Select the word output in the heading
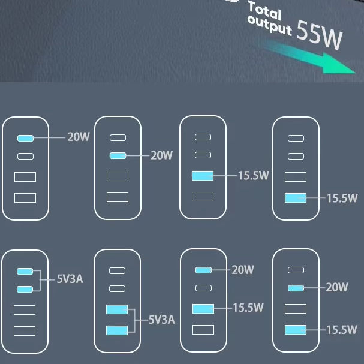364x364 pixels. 269,25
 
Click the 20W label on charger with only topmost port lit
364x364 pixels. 78,137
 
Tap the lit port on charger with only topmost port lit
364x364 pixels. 25,138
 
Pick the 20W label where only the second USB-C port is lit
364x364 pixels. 161,156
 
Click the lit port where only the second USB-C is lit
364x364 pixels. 118,156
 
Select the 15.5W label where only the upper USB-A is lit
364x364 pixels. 252,176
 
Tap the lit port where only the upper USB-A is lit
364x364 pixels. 203,176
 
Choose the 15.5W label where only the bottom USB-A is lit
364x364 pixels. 342,197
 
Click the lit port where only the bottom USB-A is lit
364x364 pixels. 296,197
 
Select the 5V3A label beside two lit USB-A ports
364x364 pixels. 161,320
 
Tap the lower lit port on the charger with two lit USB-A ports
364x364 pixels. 116,330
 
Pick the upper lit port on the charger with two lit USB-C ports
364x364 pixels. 25,270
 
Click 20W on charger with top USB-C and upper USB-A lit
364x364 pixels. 243,270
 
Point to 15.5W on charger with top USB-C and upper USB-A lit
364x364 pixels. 248,308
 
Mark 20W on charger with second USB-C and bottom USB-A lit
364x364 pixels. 336,288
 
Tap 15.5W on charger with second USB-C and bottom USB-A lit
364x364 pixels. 342,329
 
